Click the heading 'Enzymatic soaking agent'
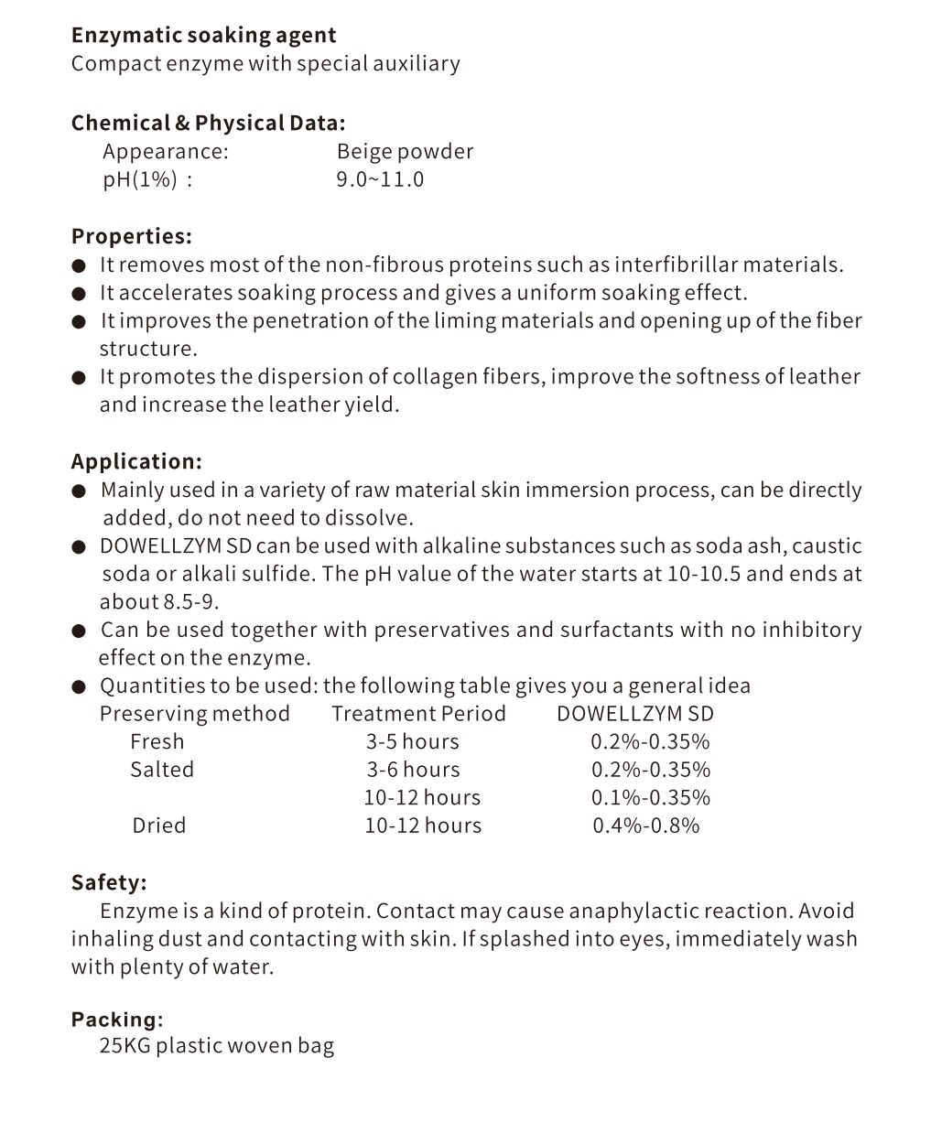pos(203,36)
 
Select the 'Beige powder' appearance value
pos(405,152)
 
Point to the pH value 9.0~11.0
pos(380,179)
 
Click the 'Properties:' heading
pos(132,236)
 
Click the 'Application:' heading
pos(136,461)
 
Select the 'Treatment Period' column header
pos(418,714)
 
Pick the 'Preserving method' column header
pos(194,714)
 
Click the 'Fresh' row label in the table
pos(157,742)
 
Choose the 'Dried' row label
pos(158,825)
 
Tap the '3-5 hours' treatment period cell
pos(413,742)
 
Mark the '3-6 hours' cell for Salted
pos(413,770)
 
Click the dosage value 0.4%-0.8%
pos(645,825)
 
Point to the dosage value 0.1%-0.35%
pos(650,798)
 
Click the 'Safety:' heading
pos(109,882)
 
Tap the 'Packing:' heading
pos(117,1020)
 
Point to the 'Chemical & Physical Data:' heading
pos(208,124)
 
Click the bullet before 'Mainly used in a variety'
pos(80,491)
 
